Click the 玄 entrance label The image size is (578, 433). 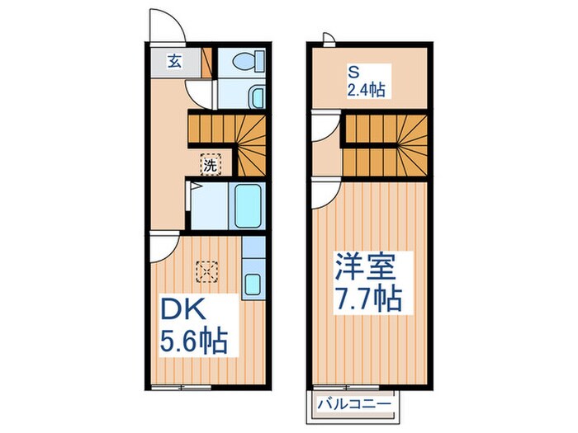[173, 60]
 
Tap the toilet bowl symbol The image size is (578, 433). [245, 61]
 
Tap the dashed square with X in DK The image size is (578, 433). [206, 270]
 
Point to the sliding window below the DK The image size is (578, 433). [182, 386]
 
